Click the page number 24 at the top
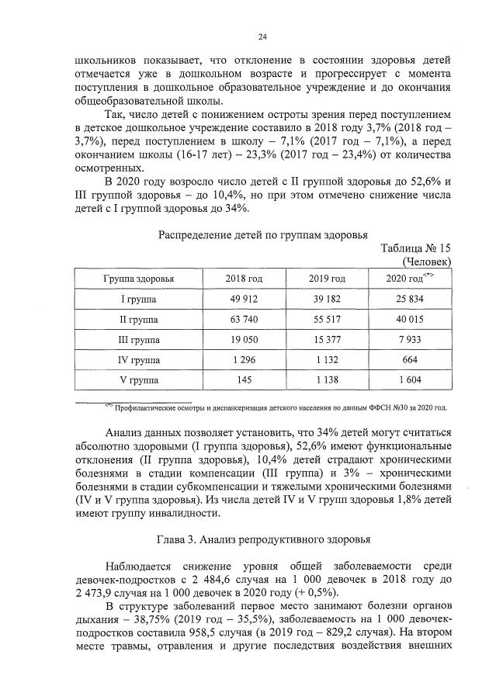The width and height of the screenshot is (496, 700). [262, 36]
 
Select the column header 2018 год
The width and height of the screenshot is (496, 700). [244, 279]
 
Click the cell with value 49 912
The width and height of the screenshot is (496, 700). [244, 299]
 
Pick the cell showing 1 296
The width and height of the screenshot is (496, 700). [244, 360]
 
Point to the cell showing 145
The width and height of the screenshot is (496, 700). [244, 380]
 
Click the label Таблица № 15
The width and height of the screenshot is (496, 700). [417, 248]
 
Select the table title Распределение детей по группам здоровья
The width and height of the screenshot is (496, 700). [262, 235]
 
